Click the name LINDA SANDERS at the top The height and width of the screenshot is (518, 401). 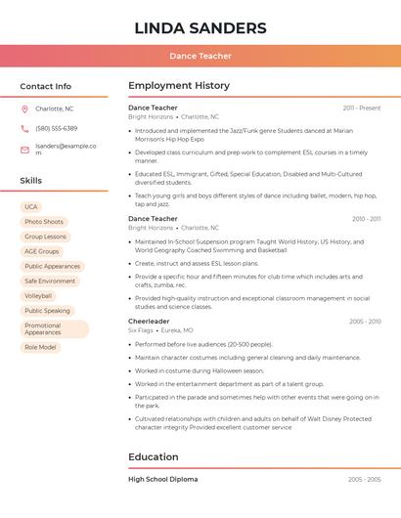(200, 27)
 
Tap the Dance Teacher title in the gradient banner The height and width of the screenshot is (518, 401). (200, 57)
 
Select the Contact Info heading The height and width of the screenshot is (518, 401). (45, 86)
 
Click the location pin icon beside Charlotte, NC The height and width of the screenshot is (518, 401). (24, 108)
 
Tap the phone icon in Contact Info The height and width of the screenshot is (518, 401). (24, 129)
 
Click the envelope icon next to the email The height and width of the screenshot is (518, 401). (24, 150)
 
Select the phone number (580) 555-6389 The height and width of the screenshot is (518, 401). (56, 129)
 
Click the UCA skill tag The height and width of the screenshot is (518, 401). (31, 207)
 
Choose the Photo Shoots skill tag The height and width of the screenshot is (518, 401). (44, 222)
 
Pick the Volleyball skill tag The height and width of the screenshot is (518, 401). (39, 295)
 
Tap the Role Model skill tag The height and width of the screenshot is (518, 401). (40, 347)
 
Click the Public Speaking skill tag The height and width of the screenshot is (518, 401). (47, 310)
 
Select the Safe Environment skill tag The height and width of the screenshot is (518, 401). (50, 281)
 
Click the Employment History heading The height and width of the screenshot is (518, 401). (179, 86)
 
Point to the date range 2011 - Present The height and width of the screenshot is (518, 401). (361, 108)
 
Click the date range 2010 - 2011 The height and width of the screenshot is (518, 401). (366, 219)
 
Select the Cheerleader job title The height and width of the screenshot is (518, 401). (149, 322)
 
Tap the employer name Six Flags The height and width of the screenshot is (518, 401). (140, 330)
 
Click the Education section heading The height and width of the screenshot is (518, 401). (155, 456)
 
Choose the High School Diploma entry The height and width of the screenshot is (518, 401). (162, 480)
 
